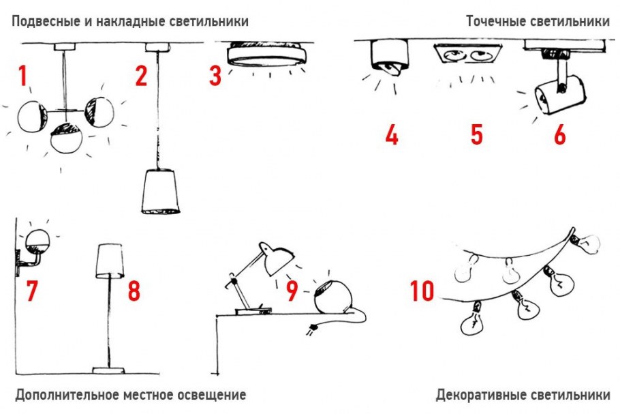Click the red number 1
coord(23,76)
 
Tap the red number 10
coord(422,291)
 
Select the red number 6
coord(560,134)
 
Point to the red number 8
coord(134,291)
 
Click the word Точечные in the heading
coord(493,21)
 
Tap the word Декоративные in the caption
coord(481,395)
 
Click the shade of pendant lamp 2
coord(160,192)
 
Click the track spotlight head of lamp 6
coord(559,95)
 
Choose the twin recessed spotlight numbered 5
coord(468,54)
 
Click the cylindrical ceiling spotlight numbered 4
coord(390,57)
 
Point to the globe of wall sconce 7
coord(37,241)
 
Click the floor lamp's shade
coord(110,261)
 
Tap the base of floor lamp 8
coord(108,370)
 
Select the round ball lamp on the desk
coord(332,297)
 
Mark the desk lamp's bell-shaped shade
coord(277,258)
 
